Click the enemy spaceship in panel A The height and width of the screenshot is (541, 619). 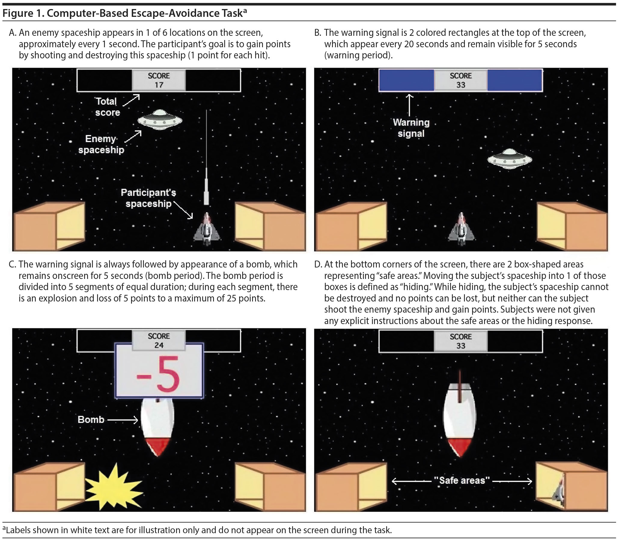click(160, 119)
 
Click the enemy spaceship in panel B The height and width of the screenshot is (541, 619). click(510, 159)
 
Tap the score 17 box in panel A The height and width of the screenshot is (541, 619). click(159, 80)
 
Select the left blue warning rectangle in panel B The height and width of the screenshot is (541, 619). click(407, 80)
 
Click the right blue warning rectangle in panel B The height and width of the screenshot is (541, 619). click(515, 80)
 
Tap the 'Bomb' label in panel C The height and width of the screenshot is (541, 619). click(91, 420)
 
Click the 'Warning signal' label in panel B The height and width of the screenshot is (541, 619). click(411, 128)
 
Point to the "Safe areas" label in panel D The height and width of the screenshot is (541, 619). click(461, 480)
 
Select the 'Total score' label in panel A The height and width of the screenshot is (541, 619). click(107, 107)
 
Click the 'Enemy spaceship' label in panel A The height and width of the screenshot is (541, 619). click(101, 144)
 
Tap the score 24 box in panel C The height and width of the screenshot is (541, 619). click(159, 341)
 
